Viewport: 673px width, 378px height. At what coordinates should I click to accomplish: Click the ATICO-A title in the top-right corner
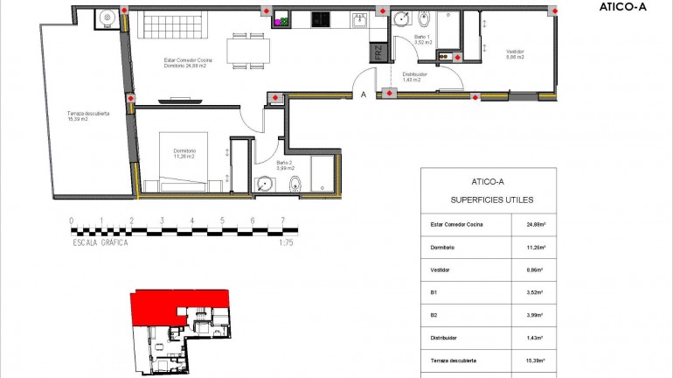tap(623, 7)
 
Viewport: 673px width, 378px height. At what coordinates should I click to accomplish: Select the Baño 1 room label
tap(422, 38)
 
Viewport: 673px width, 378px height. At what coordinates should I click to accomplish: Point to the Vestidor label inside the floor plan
tap(515, 54)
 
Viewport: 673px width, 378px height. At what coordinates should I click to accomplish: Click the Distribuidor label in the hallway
tap(415, 76)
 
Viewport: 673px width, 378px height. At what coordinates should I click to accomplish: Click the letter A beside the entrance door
tap(362, 95)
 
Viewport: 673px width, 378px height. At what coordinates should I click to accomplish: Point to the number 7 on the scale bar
tap(282, 220)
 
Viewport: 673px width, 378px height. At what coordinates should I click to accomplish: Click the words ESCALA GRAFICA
tap(101, 243)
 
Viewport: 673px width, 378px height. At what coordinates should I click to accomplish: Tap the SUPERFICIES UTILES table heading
tap(488, 199)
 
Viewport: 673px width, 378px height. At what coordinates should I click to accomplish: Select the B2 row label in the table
tap(433, 315)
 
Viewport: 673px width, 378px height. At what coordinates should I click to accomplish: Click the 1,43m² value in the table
tap(535, 338)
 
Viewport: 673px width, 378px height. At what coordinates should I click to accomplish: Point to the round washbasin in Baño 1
tap(403, 19)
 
